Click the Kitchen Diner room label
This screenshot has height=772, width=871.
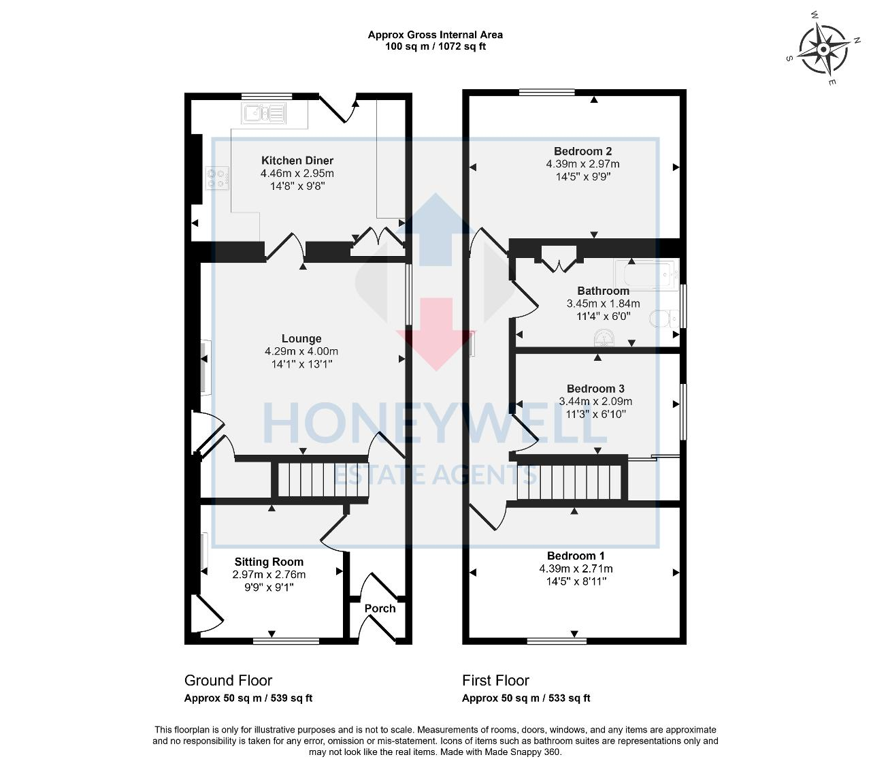click(297, 161)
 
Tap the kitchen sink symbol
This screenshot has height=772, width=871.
click(263, 114)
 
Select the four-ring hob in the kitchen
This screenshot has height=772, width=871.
click(217, 178)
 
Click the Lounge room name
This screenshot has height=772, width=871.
click(301, 338)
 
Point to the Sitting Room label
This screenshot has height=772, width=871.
click(269, 562)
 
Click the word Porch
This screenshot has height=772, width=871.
click(380, 608)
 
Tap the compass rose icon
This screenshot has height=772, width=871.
click(823, 50)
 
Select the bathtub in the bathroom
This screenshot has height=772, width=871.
click(646, 275)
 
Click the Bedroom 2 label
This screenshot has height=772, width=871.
click(582, 151)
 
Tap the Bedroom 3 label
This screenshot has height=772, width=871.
click(595, 389)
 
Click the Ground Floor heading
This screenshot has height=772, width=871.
click(228, 680)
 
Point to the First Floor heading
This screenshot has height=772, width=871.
click(495, 680)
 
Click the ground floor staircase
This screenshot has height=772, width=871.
click(319, 479)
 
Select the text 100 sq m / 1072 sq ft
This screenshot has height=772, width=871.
click(435, 46)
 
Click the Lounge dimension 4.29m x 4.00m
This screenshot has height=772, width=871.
click(301, 351)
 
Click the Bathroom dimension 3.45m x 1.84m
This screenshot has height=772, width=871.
click(603, 304)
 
